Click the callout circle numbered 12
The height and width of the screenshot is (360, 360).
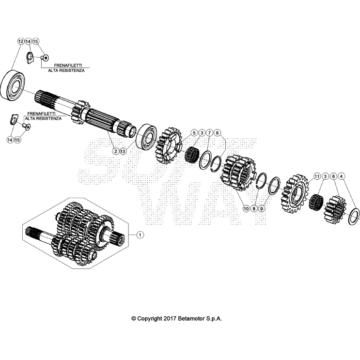(x=20, y=42)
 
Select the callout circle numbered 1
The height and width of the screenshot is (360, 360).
(x=140, y=235)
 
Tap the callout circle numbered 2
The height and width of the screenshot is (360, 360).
(x=115, y=151)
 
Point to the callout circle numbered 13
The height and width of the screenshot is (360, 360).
(x=123, y=151)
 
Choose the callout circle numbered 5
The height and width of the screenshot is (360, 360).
(x=194, y=133)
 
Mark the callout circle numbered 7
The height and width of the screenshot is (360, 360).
(x=209, y=133)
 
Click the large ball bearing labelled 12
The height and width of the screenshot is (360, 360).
(x=14, y=86)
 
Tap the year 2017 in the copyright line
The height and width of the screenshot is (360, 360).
(x=170, y=319)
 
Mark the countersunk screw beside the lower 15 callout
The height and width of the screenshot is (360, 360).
(x=26, y=127)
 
